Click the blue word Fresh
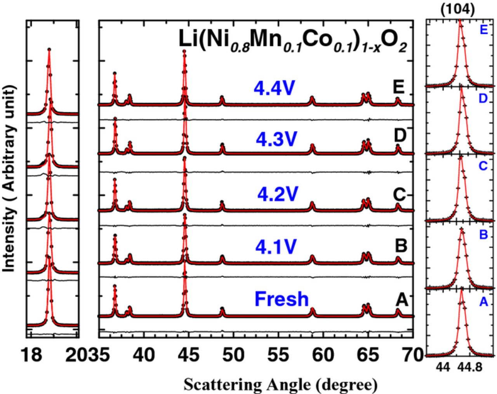[282, 299]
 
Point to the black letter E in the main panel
[398, 87]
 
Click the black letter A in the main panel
[401, 300]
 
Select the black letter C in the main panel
[400, 194]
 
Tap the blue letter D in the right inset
[483, 99]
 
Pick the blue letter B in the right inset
[483, 235]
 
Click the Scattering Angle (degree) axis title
[280, 385]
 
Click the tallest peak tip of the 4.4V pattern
[184, 51]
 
